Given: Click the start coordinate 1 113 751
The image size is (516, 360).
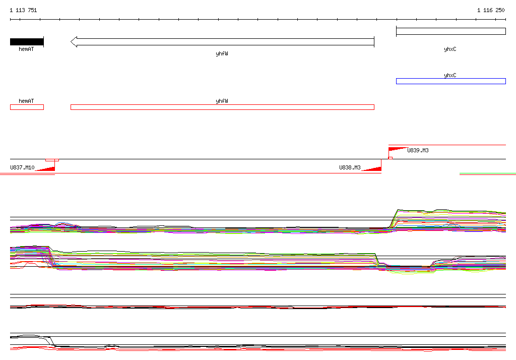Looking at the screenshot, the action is click(23, 10).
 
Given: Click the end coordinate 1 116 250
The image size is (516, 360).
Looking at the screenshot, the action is click(491, 10).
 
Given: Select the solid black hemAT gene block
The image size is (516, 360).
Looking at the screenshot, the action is click(27, 42).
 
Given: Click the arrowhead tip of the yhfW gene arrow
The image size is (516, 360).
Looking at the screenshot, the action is click(71, 42).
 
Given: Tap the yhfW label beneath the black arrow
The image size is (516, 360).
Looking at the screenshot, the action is click(222, 53).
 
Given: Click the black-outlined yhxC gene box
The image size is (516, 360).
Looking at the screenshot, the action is click(451, 31).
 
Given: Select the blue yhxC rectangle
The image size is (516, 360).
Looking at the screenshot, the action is click(451, 81).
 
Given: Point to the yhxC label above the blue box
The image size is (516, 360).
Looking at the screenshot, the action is click(450, 75).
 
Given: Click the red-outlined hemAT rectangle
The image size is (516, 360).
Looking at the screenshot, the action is click(27, 107).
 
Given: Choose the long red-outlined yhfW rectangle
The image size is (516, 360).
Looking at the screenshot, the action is click(222, 107).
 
